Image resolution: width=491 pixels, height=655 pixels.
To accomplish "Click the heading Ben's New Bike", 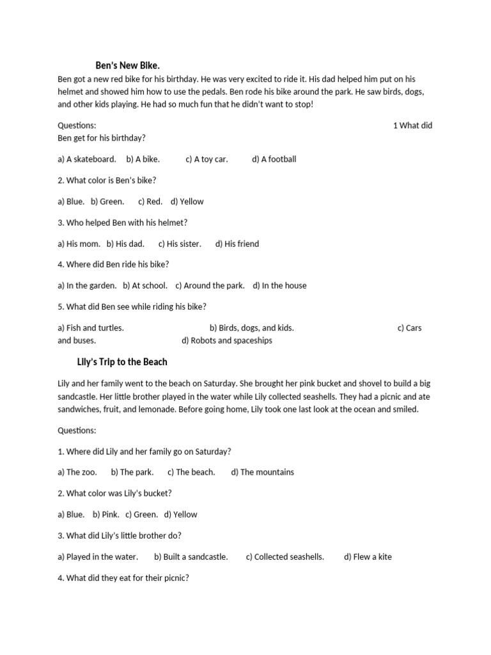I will pyautogui.click(x=127, y=65).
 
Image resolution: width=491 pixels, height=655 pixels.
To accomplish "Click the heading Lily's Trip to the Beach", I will pyautogui.click(x=121, y=362).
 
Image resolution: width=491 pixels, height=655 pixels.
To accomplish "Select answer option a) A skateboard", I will pyautogui.click(x=87, y=159).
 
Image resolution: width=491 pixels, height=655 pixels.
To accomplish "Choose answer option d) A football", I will pyautogui.click(x=274, y=159).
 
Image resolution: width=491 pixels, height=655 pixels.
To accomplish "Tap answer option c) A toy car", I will pyautogui.click(x=207, y=159).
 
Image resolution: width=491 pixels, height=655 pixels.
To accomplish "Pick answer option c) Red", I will pyautogui.click(x=150, y=201).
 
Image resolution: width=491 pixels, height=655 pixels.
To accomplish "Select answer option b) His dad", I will pyautogui.click(x=125, y=244).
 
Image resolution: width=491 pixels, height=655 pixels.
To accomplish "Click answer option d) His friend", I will pyautogui.click(x=237, y=244).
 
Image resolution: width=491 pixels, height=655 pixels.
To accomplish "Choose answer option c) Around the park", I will pyautogui.click(x=210, y=286).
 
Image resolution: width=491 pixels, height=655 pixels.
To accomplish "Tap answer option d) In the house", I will pyautogui.click(x=279, y=286).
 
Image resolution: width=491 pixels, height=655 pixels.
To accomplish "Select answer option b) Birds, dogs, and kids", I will pyautogui.click(x=252, y=328).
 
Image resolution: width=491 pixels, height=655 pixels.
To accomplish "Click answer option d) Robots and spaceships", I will pyautogui.click(x=227, y=340).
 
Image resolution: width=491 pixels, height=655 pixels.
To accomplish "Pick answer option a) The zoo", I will pyautogui.click(x=77, y=472).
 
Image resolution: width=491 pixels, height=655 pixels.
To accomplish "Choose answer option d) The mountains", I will pyautogui.click(x=263, y=472).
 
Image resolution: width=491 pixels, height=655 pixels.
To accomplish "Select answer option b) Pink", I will pyautogui.click(x=106, y=514).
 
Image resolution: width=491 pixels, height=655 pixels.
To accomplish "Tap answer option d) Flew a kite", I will pyautogui.click(x=368, y=556).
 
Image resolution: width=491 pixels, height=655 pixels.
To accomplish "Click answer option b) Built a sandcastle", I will pyautogui.click(x=191, y=556).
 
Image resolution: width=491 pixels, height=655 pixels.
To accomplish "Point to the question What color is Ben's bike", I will pyautogui.click(x=107, y=180).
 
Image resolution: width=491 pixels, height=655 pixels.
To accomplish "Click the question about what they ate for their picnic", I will pyautogui.click(x=123, y=578).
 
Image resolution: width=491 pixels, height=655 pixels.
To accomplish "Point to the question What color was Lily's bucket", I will pyautogui.click(x=114, y=493).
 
